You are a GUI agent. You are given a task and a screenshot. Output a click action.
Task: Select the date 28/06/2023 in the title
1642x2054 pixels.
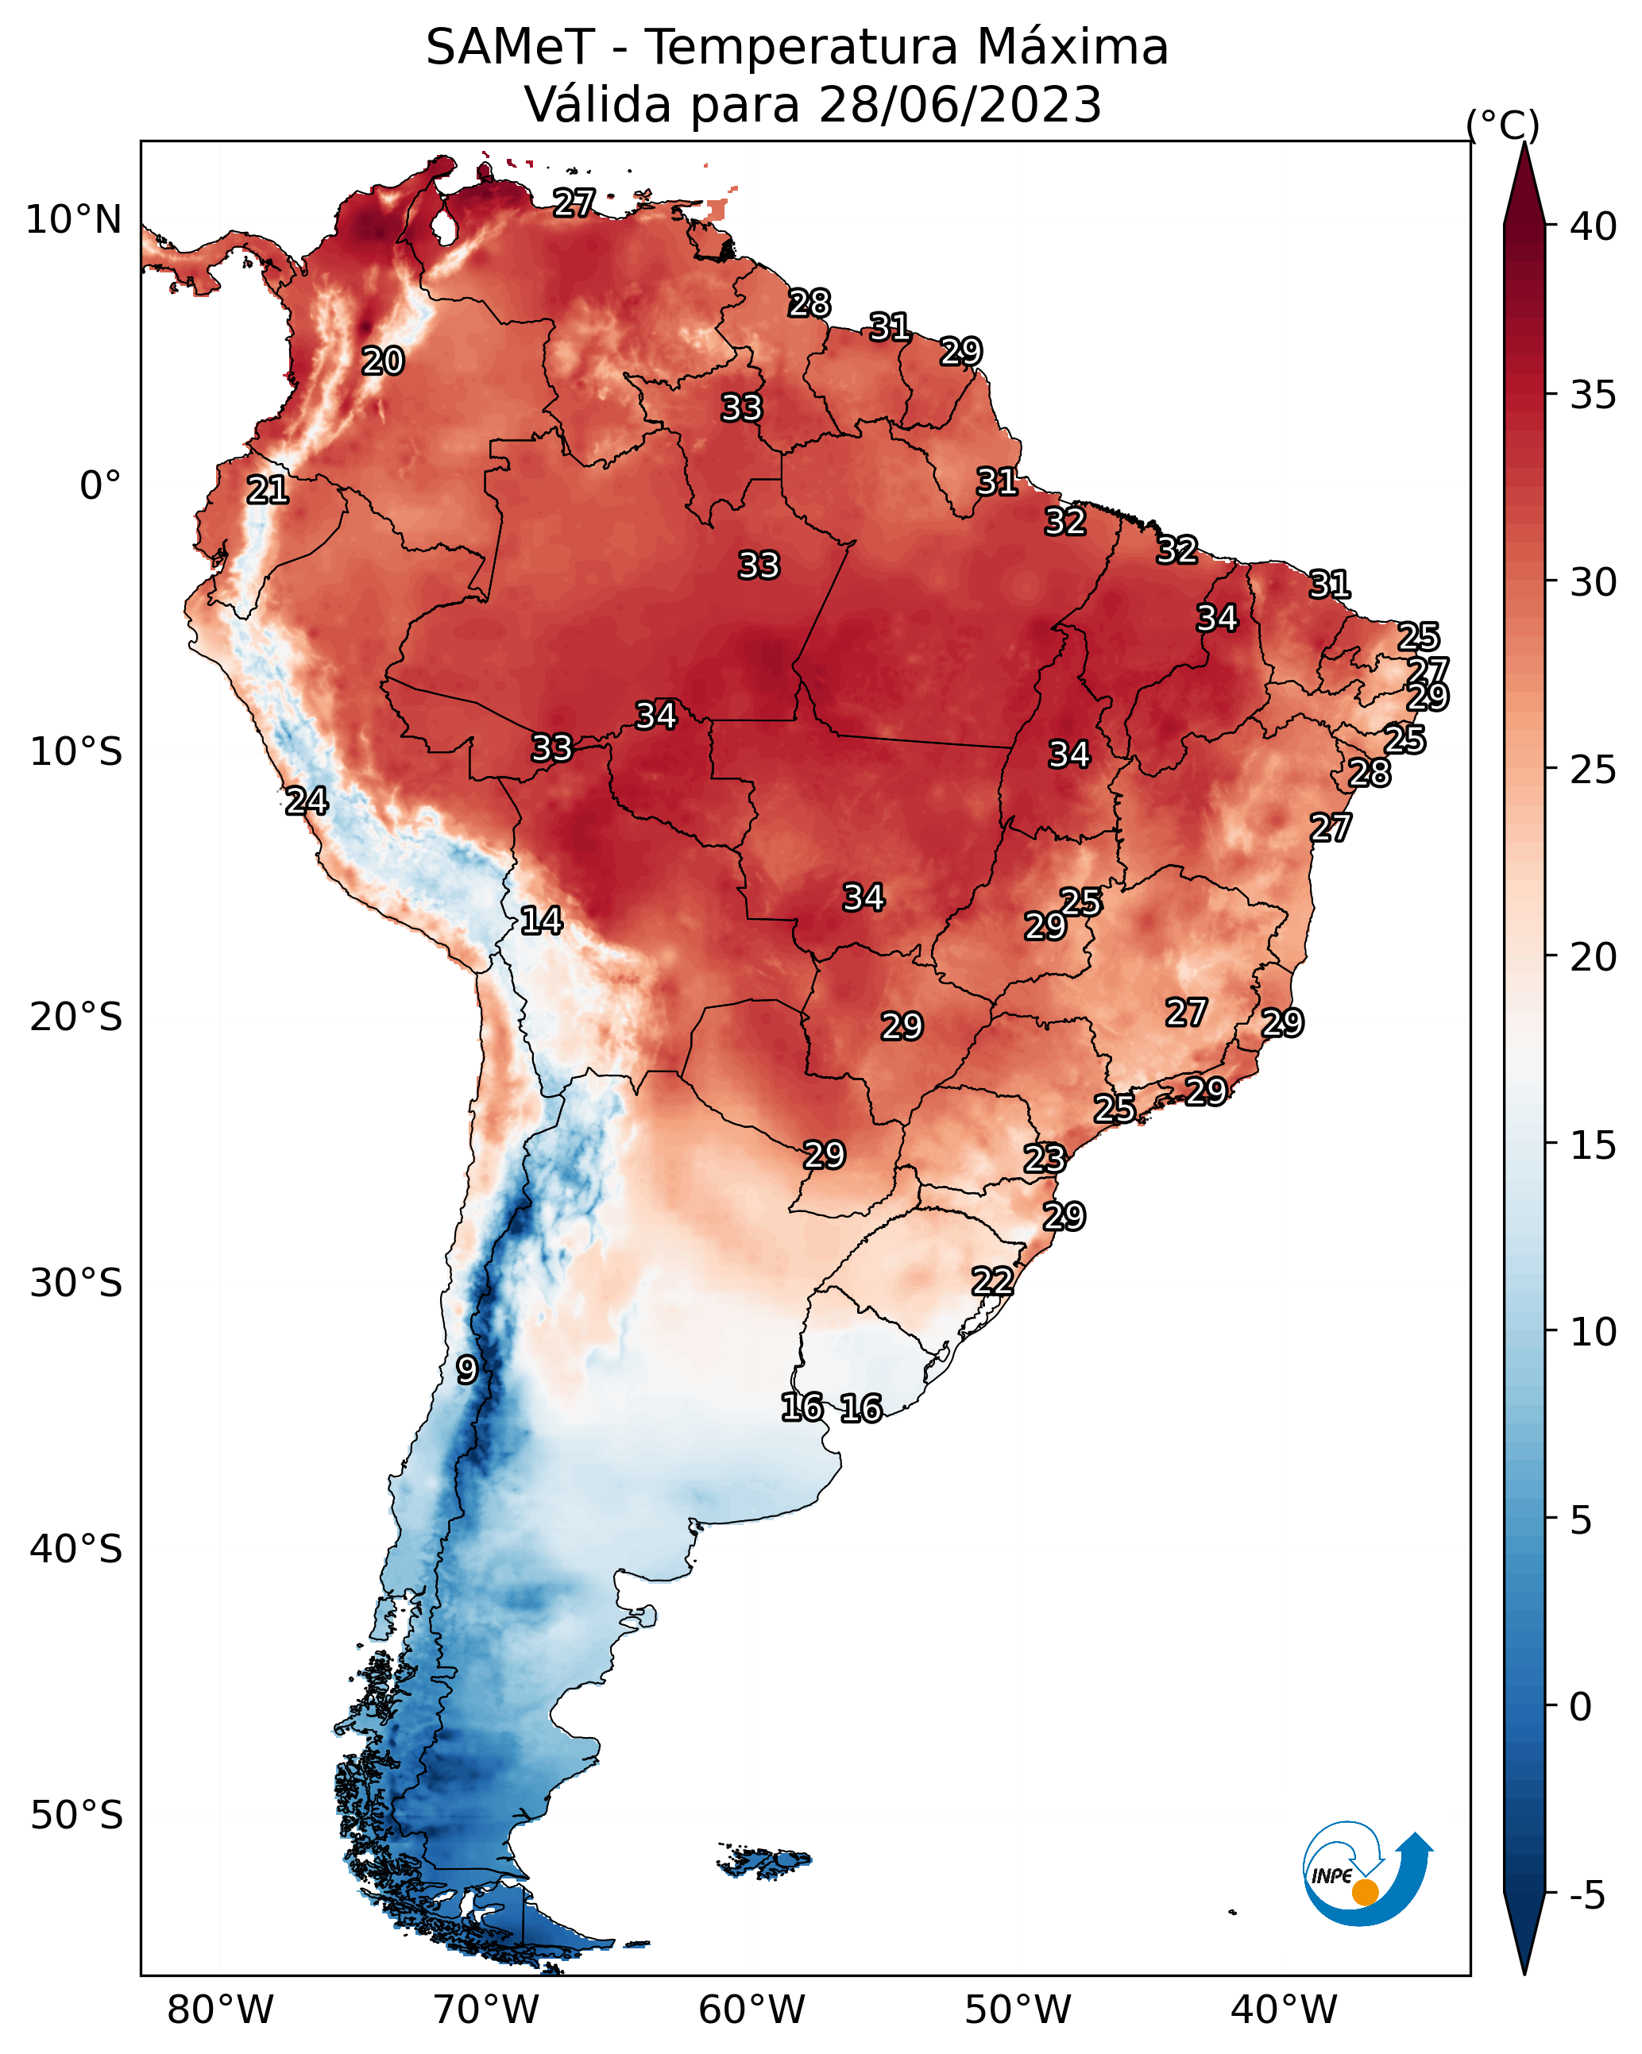pyautogui.click(x=959, y=105)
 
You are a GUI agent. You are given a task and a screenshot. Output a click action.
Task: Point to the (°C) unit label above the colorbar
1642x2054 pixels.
pyautogui.click(x=1503, y=125)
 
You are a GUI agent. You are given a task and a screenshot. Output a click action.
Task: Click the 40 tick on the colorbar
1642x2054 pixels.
pyautogui.click(x=1594, y=226)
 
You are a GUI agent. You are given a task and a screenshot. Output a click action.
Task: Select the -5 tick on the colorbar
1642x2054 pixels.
pyautogui.click(x=1586, y=1896)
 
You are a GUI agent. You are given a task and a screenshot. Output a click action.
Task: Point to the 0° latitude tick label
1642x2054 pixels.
pyautogui.click(x=100, y=486)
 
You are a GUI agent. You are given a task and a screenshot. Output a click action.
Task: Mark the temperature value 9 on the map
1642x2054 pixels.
pyautogui.click(x=466, y=1370)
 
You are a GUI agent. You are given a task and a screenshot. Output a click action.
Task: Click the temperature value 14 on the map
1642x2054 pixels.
pyautogui.click(x=540, y=921)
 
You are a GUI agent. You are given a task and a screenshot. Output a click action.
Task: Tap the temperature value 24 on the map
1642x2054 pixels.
pyautogui.click(x=307, y=801)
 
